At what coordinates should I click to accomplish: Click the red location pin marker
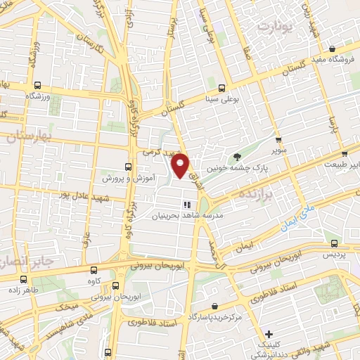(x=181, y=165)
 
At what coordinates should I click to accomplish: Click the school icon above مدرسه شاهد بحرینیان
(x=187, y=205)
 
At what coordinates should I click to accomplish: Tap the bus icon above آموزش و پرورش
(x=127, y=167)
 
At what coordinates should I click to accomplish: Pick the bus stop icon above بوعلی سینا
(x=222, y=89)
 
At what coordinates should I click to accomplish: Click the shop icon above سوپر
(x=278, y=139)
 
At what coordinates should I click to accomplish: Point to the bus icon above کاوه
(x=94, y=270)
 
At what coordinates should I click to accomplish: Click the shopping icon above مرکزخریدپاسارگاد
(x=214, y=307)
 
